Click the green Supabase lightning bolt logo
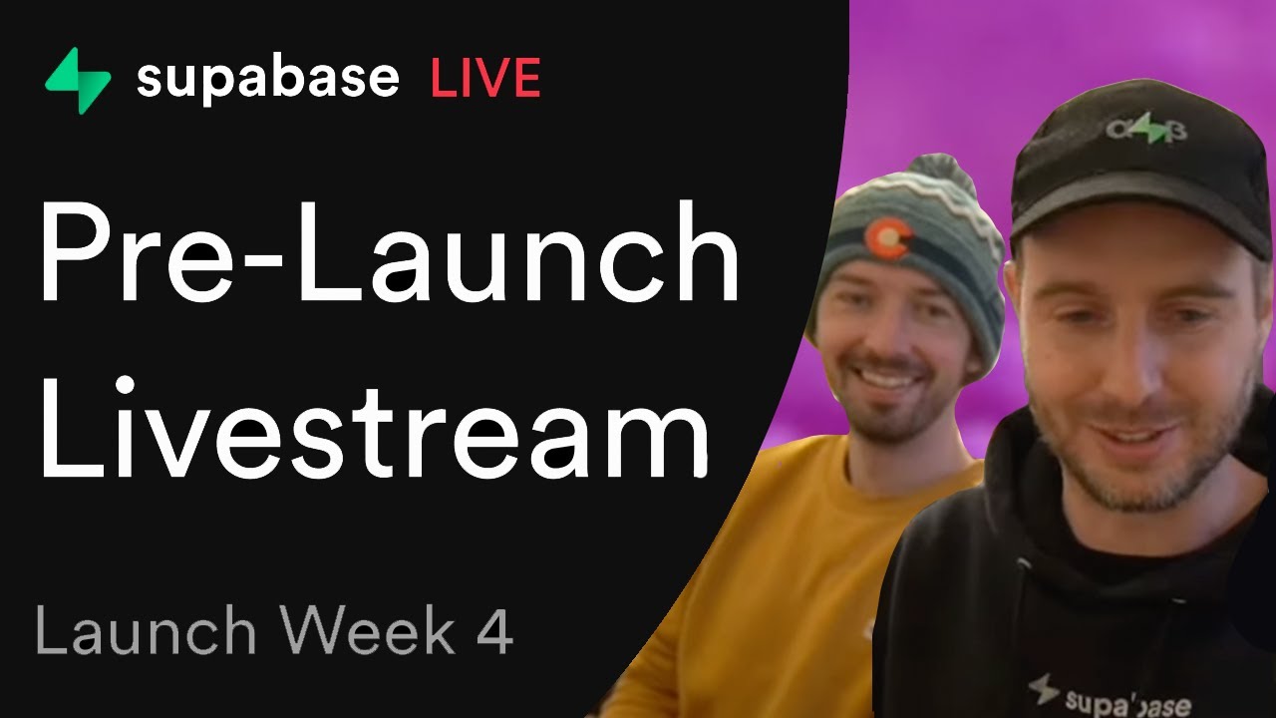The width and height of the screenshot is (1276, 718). click(78, 80)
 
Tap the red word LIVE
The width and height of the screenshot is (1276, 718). click(485, 79)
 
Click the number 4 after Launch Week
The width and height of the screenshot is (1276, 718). click(494, 632)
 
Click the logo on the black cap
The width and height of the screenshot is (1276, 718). click(1145, 129)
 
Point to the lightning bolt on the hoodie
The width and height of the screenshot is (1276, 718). click(1044, 687)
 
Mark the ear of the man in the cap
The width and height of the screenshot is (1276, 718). click(1260, 329)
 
